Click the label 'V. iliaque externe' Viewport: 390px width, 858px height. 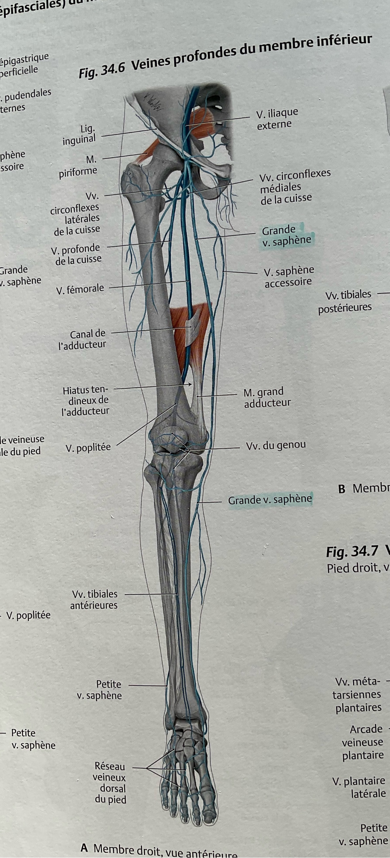(x=277, y=118)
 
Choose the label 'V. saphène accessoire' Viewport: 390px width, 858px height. (x=289, y=276)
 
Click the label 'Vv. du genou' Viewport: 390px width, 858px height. (x=276, y=445)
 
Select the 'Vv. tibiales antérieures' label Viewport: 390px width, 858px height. (x=94, y=600)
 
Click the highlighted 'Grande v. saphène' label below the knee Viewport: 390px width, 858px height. (x=270, y=499)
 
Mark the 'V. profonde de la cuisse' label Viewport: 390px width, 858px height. (x=77, y=254)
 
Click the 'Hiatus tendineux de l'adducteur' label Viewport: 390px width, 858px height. (x=86, y=400)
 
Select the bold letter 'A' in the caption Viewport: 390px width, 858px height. (x=84, y=847)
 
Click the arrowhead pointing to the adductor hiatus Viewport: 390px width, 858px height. (x=190, y=384)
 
